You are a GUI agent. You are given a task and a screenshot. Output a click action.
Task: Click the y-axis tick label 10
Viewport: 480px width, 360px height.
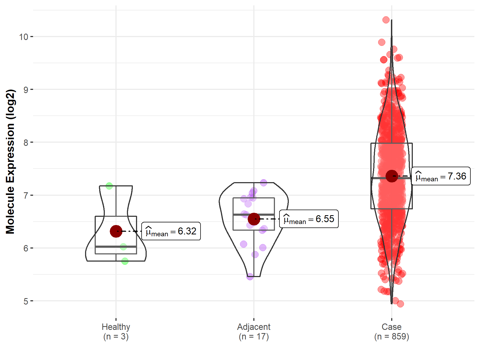point(23,37)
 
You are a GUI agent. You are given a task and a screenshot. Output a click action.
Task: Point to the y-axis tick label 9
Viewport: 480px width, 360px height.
point(26,90)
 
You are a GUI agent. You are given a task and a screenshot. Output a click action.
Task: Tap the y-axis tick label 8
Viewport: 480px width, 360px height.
point(26,142)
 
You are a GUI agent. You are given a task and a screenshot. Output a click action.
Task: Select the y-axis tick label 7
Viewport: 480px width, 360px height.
point(26,195)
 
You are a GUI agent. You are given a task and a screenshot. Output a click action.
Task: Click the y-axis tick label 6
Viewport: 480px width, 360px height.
point(26,248)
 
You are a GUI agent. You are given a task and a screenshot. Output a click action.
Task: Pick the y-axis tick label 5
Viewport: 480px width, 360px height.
point(26,301)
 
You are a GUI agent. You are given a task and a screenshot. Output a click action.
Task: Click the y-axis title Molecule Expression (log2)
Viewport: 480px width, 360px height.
point(10,162)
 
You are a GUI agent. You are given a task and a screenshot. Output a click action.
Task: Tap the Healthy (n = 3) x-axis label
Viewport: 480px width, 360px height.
point(116,331)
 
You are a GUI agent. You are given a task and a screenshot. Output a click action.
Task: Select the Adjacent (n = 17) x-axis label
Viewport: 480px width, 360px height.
point(254,331)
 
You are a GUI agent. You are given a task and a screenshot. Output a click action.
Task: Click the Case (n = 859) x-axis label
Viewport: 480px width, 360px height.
point(391,331)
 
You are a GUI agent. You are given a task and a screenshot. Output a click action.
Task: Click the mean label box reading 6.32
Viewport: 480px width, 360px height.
point(171,231)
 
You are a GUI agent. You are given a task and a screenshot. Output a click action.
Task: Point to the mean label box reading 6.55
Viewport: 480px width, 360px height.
point(309,219)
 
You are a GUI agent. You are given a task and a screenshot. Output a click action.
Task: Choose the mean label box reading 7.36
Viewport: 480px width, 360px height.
point(441,176)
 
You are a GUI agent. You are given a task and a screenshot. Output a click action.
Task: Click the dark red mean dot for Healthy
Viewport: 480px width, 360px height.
point(116,231)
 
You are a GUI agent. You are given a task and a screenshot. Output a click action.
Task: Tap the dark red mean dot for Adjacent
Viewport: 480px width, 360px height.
point(254,219)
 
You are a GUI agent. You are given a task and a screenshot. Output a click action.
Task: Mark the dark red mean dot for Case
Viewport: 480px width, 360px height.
point(391,176)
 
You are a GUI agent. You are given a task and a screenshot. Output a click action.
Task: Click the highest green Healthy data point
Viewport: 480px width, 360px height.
point(109,186)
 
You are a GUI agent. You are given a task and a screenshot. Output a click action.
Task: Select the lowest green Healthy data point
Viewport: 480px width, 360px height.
point(125,261)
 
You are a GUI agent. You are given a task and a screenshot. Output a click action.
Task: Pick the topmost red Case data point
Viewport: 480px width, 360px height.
point(386,20)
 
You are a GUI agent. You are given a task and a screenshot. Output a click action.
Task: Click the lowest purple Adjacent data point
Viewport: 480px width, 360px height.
point(250,276)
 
